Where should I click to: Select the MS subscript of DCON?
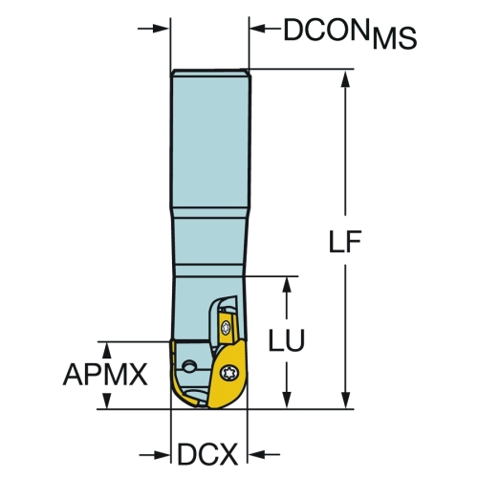click(x=395, y=38)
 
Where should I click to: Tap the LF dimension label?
click(x=345, y=241)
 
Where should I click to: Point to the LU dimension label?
click(x=287, y=339)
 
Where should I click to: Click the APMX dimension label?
click(x=105, y=374)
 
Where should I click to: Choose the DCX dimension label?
click(x=207, y=454)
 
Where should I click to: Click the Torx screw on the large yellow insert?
click(x=228, y=372)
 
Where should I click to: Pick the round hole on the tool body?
click(x=189, y=366)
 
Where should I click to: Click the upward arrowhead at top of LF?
click(x=345, y=78)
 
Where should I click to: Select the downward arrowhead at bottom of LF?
click(x=345, y=399)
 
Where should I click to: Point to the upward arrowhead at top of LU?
click(x=287, y=285)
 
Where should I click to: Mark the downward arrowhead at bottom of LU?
click(x=287, y=399)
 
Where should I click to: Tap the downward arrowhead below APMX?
click(x=107, y=400)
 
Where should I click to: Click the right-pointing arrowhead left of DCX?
click(x=161, y=454)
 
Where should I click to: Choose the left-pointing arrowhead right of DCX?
click(x=257, y=454)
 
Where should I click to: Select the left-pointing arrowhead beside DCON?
click(x=258, y=29)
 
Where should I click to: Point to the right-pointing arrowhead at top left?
click(x=161, y=29)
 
